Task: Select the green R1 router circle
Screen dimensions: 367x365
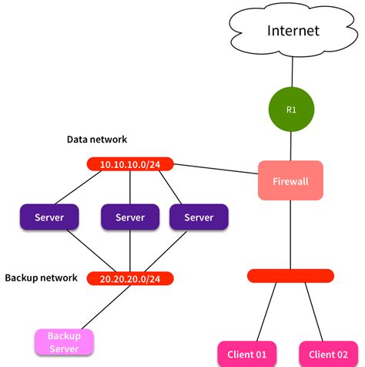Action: tap(291, 109)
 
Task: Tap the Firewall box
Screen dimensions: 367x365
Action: tap(290, 181)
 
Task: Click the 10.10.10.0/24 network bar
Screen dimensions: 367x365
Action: tap(129, 164)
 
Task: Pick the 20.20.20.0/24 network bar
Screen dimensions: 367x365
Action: tap(129, 278)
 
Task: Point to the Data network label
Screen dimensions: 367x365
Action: tap(96, 140)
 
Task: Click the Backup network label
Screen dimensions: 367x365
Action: tap(41, 277)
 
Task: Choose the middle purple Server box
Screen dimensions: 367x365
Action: tap(129, 217)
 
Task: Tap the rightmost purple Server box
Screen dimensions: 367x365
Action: tap(198, 217)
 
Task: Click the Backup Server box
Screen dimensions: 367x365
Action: tap(64, 342)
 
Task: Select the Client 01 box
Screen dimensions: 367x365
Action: tap(246, 354)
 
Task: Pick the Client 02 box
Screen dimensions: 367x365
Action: tap(327, 354)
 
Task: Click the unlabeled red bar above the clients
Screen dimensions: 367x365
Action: tap(290, 275)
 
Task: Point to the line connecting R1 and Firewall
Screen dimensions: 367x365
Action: tap(291, 145)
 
